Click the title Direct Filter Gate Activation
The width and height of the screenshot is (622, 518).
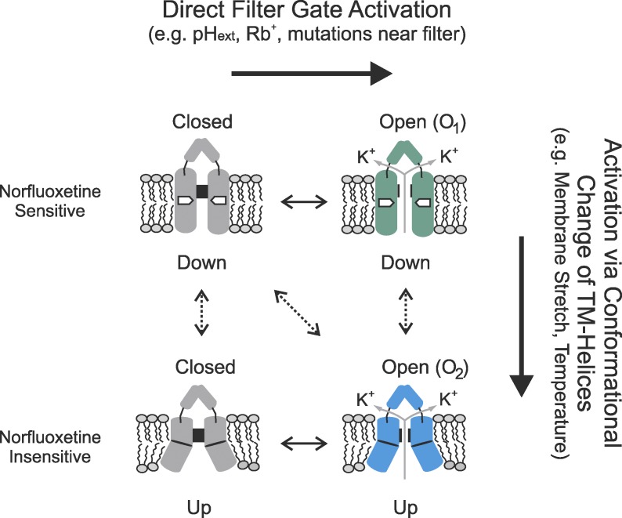(x=311, y=15)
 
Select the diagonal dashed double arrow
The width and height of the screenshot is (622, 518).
(x=301, y=313)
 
